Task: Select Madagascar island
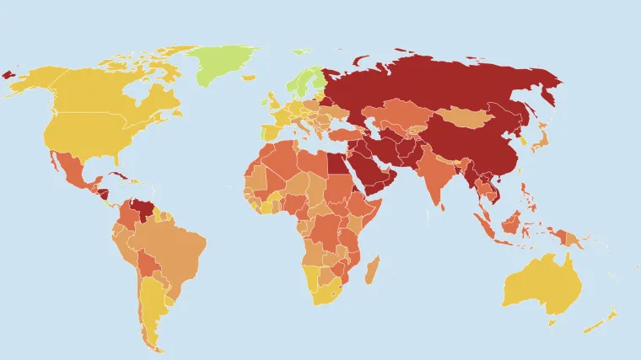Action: point(371,270)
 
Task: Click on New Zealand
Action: point(601,321)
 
